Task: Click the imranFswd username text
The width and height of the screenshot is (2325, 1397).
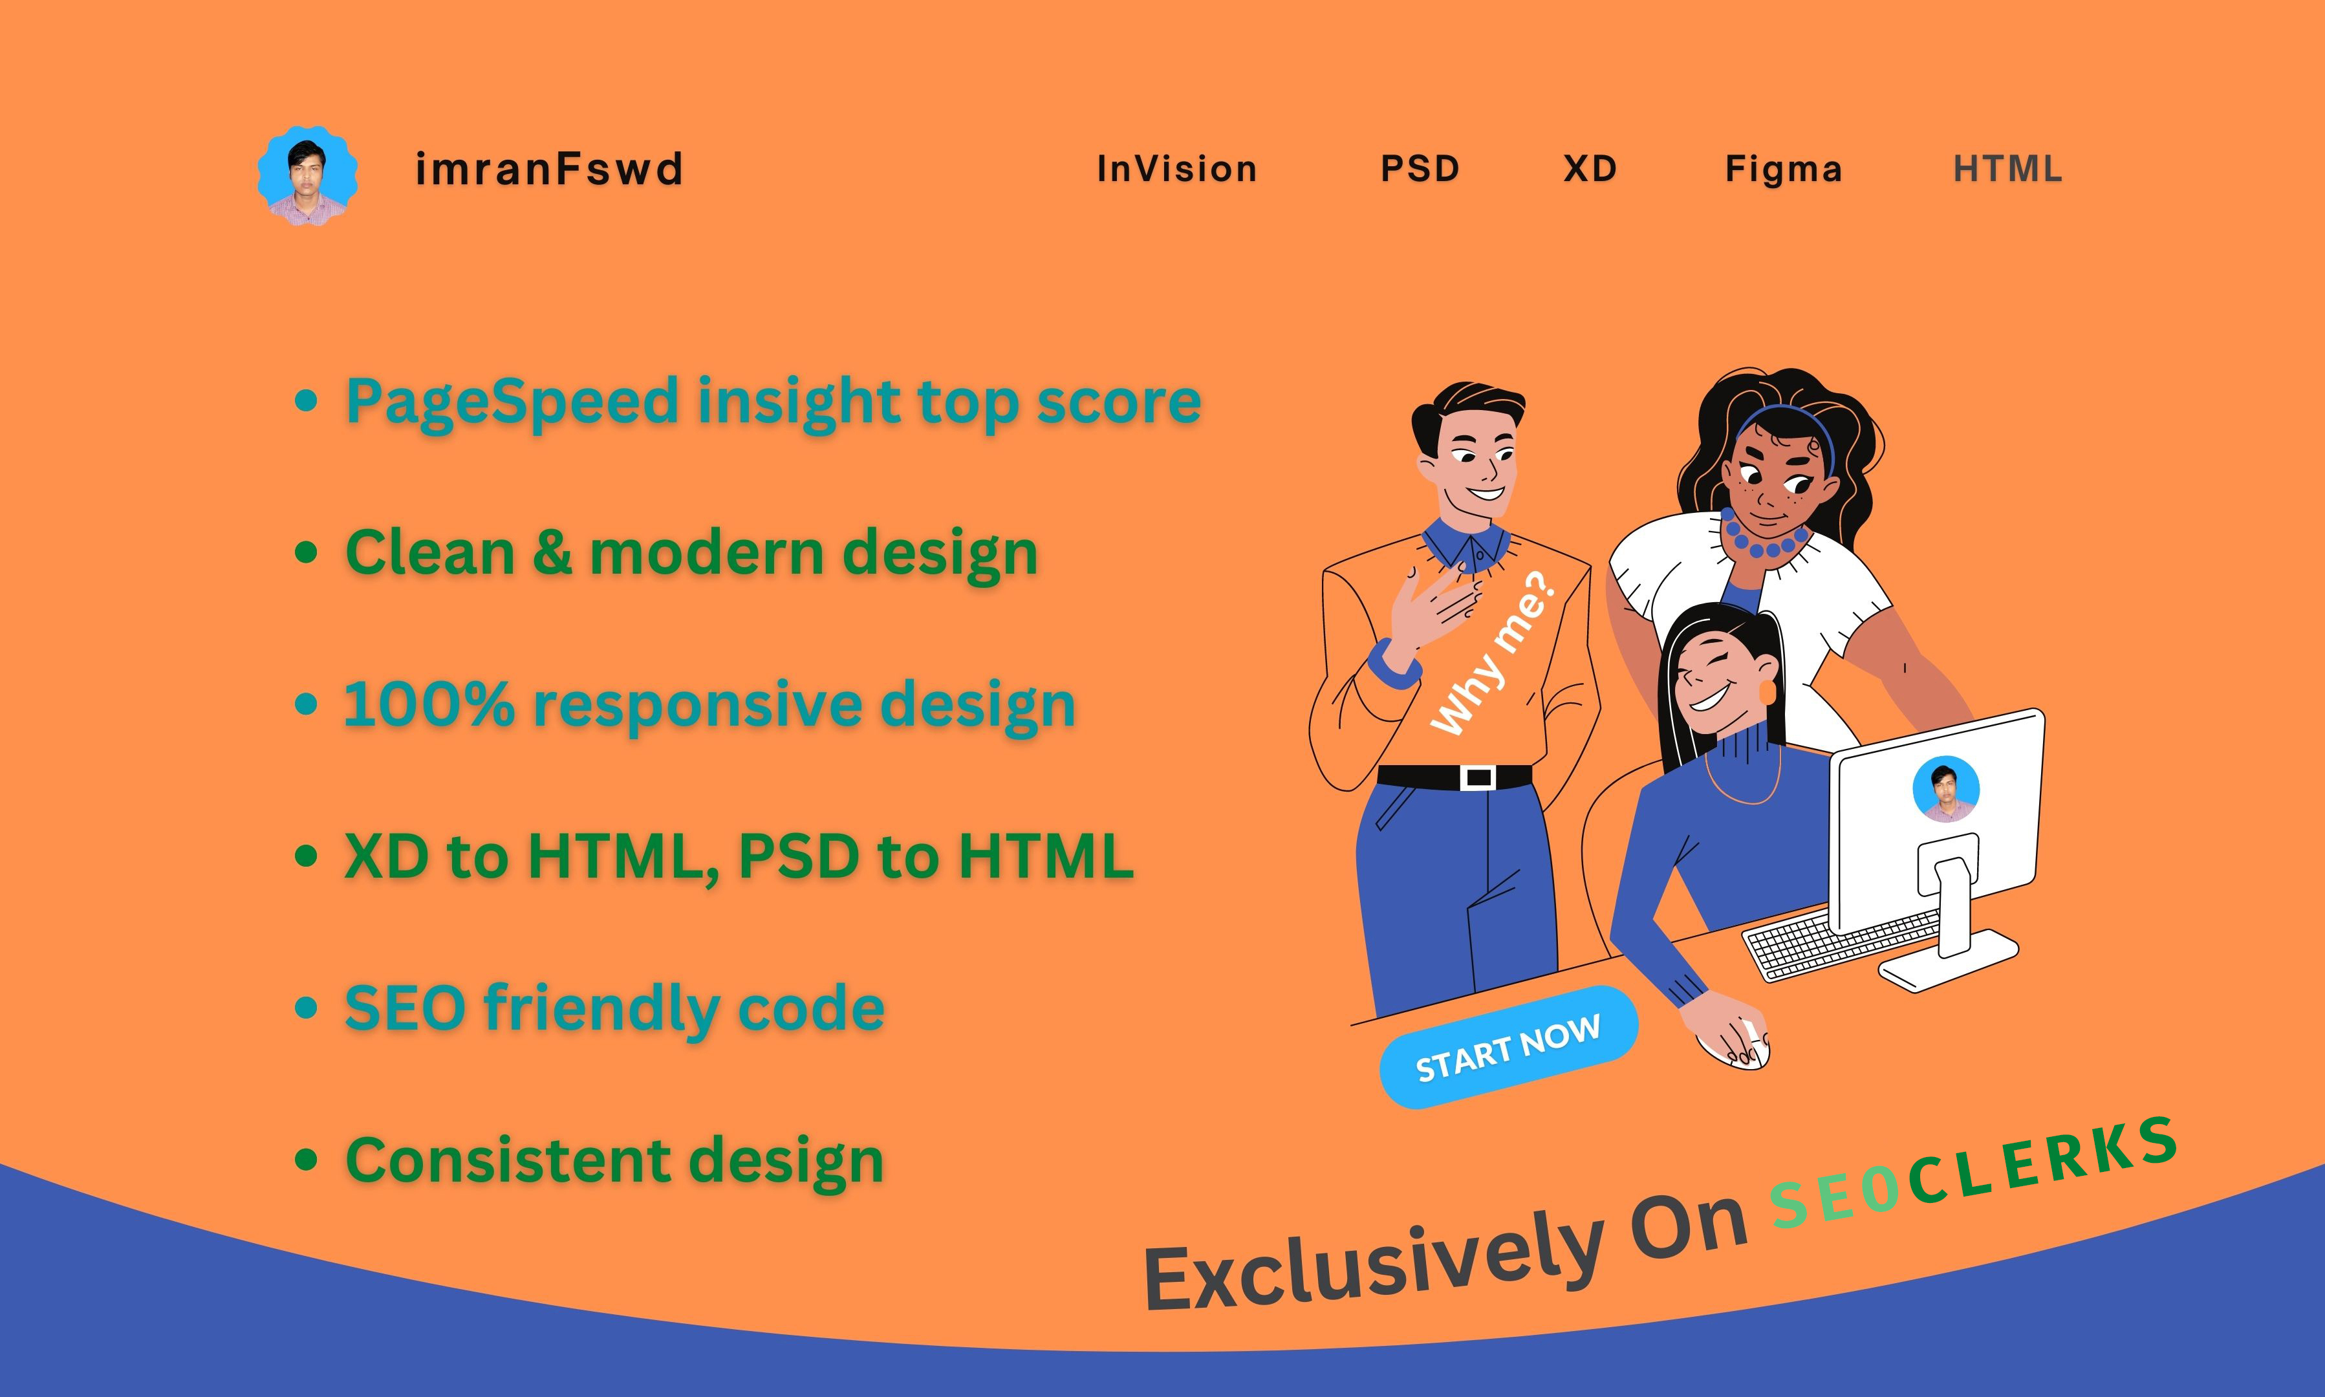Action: click(549, 169)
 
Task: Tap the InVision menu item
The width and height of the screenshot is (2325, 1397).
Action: click(1176, 169)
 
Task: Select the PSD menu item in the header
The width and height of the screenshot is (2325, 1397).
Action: click(1420, 169)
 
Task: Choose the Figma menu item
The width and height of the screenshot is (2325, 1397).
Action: click(1784, 169)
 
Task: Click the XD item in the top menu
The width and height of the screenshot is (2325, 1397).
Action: click(1590, 169)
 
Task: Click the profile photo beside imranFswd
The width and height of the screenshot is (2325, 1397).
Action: click(308, 176)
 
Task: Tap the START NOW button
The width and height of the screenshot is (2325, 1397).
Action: click(1508, 1047)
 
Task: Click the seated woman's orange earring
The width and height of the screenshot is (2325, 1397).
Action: click(1767, 692)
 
